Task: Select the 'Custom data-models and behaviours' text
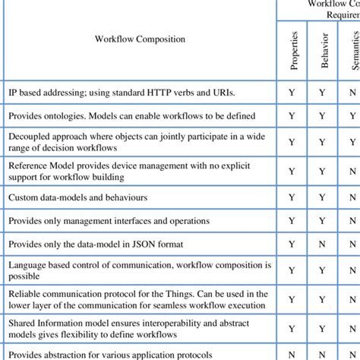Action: [x=77, y=197]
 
